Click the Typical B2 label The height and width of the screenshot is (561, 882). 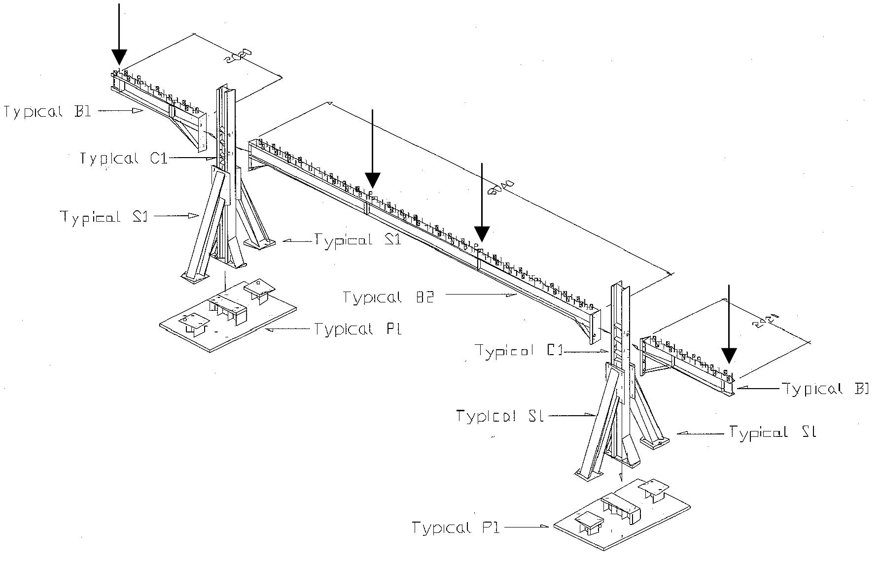pos(388,297)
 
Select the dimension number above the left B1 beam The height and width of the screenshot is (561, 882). pos(238,56)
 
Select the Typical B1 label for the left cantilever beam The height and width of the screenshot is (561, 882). pos(48,111)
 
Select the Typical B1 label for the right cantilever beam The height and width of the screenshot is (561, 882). pos(824,389)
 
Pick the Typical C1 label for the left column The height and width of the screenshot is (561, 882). pos(124,158)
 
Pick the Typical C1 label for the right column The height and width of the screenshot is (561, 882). pos(519,351)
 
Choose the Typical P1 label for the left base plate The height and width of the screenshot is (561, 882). pos(358,329)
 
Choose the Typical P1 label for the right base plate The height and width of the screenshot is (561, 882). pos(456,528)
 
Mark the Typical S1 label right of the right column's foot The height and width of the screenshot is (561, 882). pos(773,432)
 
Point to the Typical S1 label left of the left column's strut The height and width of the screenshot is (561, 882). pos(104,216)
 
